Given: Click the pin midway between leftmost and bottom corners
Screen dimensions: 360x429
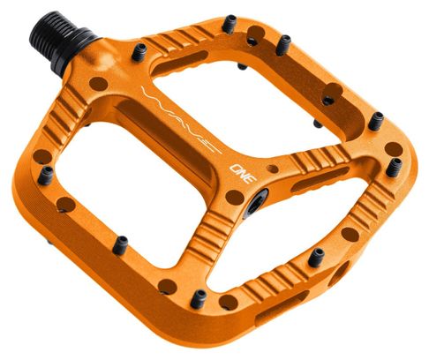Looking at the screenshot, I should [119, 244].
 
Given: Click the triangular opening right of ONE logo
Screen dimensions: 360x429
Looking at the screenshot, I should [312, 199].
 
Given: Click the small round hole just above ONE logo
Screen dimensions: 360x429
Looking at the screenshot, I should [271, 165].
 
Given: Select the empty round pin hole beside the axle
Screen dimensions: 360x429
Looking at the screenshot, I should [99, 83].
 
